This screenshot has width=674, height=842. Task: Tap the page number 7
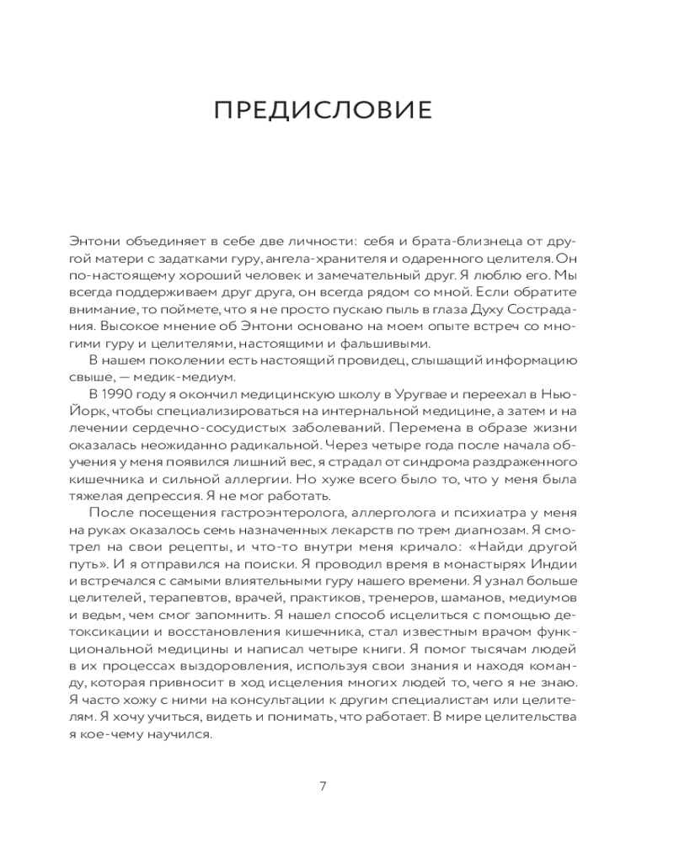coord(324,786)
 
